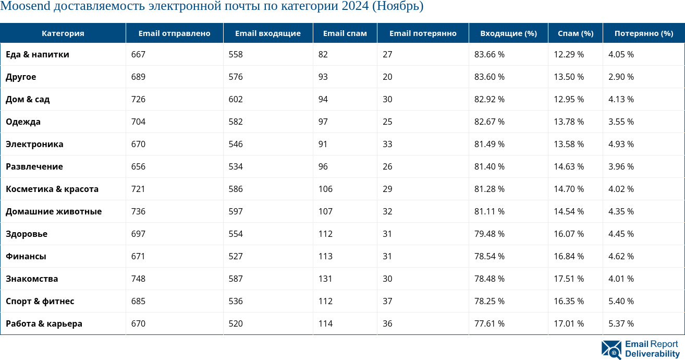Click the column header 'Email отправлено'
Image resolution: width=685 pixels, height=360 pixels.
(x=174, y=33)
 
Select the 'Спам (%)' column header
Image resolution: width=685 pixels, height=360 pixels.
(x=576, y=33)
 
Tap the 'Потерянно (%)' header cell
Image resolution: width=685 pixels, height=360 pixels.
(x=643, y=33)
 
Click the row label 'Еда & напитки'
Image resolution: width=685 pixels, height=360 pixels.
(x=38, y=54)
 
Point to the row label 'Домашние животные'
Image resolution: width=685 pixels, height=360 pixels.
(x=54, y=211)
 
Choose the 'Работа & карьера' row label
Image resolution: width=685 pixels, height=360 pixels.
(x=44, y=323)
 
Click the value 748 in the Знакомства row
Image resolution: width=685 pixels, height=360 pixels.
(x=138, y=279)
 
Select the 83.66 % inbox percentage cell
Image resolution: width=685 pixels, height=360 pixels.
(x=489, y=54)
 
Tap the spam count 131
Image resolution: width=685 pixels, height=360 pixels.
(x=325, y=279)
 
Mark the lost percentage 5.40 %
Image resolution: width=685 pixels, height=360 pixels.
(x=621, y=301)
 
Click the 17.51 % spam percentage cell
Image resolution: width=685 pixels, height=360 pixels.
(x=569, y=279)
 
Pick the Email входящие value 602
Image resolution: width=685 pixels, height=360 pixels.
(x=236, y=99)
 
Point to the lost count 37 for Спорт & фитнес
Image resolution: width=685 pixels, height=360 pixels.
(x=387, y=301)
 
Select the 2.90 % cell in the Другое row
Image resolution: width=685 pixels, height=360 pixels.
(x=621, y=77)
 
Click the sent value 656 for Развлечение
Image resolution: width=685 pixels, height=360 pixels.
(x=138, y=166)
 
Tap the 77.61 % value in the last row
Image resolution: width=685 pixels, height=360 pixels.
(x=489, y=323)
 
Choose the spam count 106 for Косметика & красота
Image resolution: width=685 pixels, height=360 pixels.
(x=325, y=189)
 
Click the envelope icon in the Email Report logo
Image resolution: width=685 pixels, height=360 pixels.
(x=611, y=350)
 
